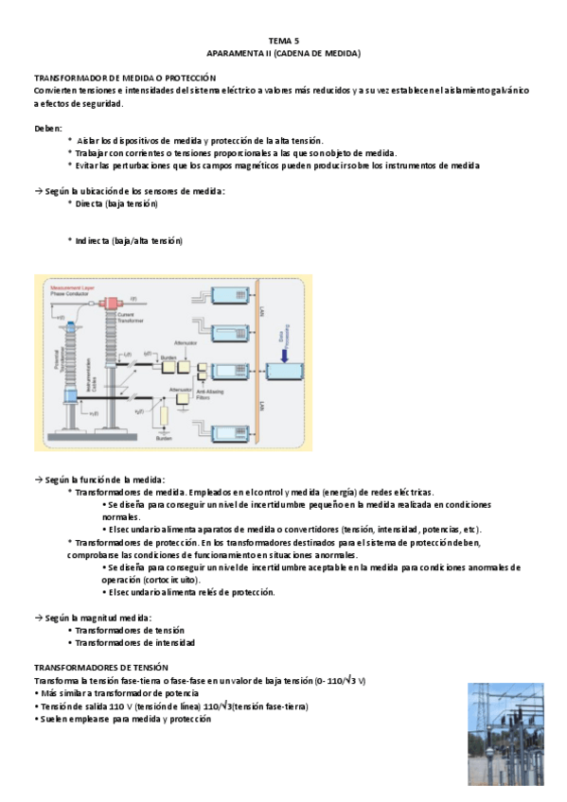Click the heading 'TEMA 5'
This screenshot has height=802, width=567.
283,41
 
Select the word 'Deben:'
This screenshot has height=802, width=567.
48,127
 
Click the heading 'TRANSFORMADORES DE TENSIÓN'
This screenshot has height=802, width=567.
100,667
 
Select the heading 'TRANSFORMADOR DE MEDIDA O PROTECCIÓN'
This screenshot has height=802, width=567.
125,78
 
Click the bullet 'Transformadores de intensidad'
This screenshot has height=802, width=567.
135,642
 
